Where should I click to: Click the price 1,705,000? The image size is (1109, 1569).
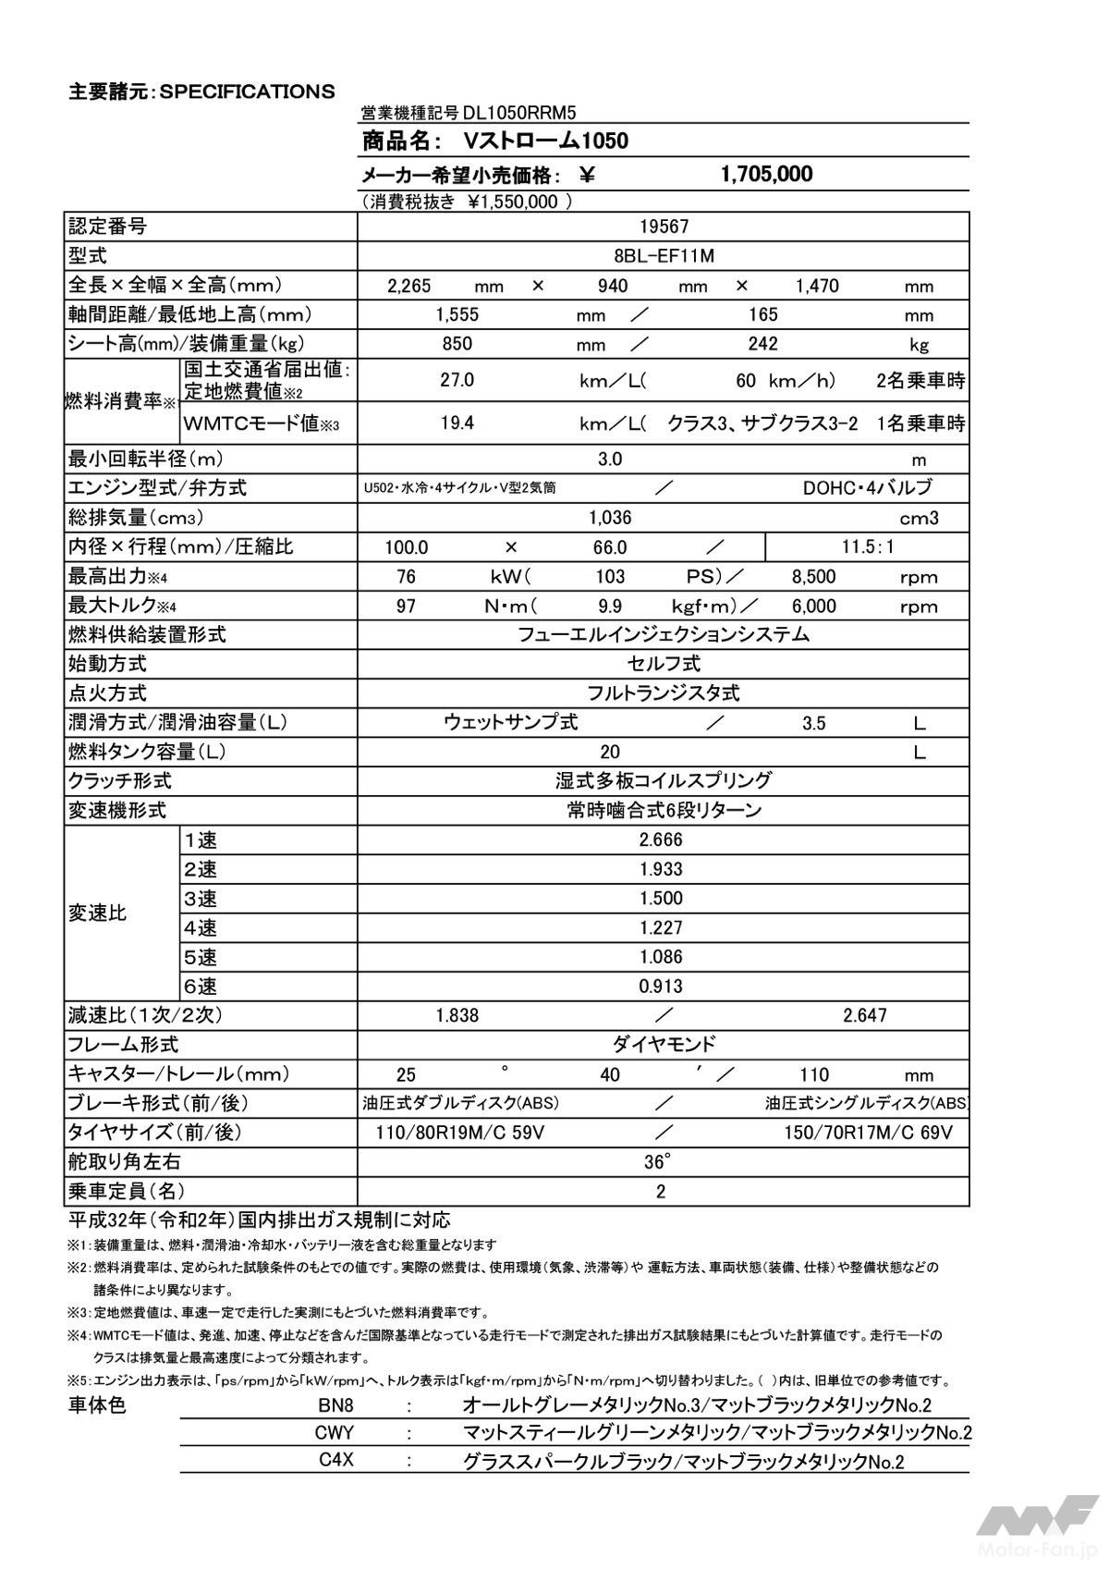pos(766,174)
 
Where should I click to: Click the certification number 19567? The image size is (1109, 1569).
pos(664,227)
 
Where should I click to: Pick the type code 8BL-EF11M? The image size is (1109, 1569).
pos(664,256)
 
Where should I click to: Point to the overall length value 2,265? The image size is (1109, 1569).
pos(408,286)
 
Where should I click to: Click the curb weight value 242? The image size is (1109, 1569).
pos(762,344)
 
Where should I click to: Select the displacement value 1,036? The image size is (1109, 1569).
pos(610,518)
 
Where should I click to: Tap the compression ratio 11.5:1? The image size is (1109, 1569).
pos(868,547)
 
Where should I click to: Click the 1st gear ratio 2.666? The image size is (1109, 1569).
pos(661,840)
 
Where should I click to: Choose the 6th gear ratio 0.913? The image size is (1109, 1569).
pos(661,987)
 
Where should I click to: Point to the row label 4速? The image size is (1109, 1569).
pos(201,927)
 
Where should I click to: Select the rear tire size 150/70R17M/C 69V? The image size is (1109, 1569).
pos(868,1133)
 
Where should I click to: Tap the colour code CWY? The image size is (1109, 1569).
pos(335,1433)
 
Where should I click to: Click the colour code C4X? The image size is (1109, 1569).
pos(336,1461)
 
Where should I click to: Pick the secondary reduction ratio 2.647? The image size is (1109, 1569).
pos(864,1015)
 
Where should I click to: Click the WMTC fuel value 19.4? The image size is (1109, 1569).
pos(457,423)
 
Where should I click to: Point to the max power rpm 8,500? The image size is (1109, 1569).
pos(813,577)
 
